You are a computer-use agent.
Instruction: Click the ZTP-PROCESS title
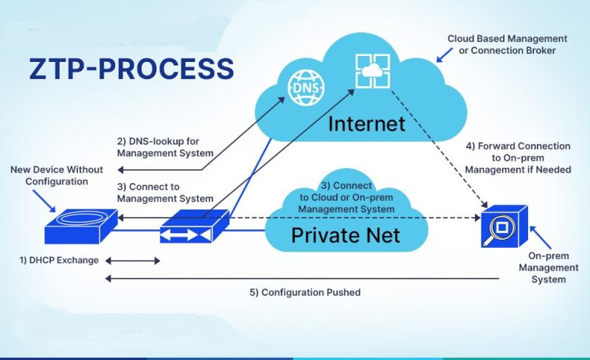tap(132, 69)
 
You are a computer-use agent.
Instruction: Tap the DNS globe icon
tap(305, 89)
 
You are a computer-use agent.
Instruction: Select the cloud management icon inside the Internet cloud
tap(372, 71)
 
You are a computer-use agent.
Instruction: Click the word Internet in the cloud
tap(367, 124)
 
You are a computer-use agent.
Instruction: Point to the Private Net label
tap(345, 235)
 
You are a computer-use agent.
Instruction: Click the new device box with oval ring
tap(81, 226)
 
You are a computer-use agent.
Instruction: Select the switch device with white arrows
tap(195, 226)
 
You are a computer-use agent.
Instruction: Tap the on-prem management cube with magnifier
tap(504, 226)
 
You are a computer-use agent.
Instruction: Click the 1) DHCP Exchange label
tap(59, 260)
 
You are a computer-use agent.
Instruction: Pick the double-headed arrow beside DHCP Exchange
tap(133, 260)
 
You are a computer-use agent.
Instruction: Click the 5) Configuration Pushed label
tap(305, 292)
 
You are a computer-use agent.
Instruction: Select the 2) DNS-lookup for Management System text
tap(165, 148)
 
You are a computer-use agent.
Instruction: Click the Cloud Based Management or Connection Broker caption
tap(507, 44)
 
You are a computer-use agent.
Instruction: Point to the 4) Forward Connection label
tap(518, 146)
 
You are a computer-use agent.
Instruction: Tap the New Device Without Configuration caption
tap(57, 176)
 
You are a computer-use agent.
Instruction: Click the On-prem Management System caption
tap(548, 267)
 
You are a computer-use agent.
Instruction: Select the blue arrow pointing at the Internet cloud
tap(445, 55)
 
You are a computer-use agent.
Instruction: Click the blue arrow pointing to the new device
tap(44, 201)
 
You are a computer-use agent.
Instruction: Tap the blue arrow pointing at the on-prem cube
tap(541, 238)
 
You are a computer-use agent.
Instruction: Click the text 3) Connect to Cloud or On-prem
tap(346, 192)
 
